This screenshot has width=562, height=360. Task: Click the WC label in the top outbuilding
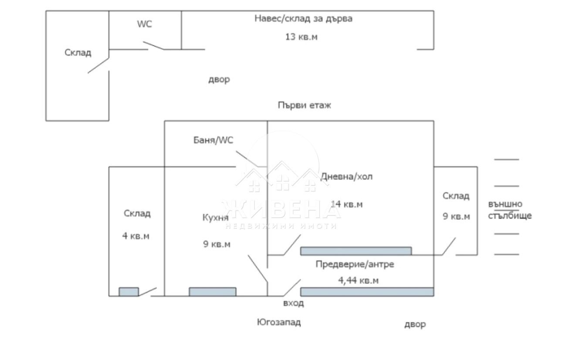(145, 24)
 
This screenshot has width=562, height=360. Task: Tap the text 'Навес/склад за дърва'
(303, 19)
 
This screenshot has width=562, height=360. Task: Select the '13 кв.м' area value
(301, 37)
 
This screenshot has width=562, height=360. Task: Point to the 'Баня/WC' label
(213, 140)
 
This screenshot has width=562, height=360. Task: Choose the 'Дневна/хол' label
(347, 176)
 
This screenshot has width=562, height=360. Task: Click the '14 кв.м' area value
(347, 204)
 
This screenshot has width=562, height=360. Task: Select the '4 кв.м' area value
(135, 236)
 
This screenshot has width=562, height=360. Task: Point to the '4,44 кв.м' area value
(358, 280)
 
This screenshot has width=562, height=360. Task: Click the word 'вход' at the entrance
(293, 303)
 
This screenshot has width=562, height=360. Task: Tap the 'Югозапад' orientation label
(278, 322)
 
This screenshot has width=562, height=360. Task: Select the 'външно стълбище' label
(509, 209)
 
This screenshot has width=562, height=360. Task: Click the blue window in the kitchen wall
(213, 292)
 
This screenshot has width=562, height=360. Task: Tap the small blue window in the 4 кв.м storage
(129, 292)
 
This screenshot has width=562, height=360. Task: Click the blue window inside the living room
(356, 251)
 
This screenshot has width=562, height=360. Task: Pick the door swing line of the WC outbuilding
(154, 45)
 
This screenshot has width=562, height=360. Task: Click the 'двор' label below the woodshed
(219, 80)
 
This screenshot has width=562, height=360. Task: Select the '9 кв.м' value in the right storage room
(456, 216)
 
